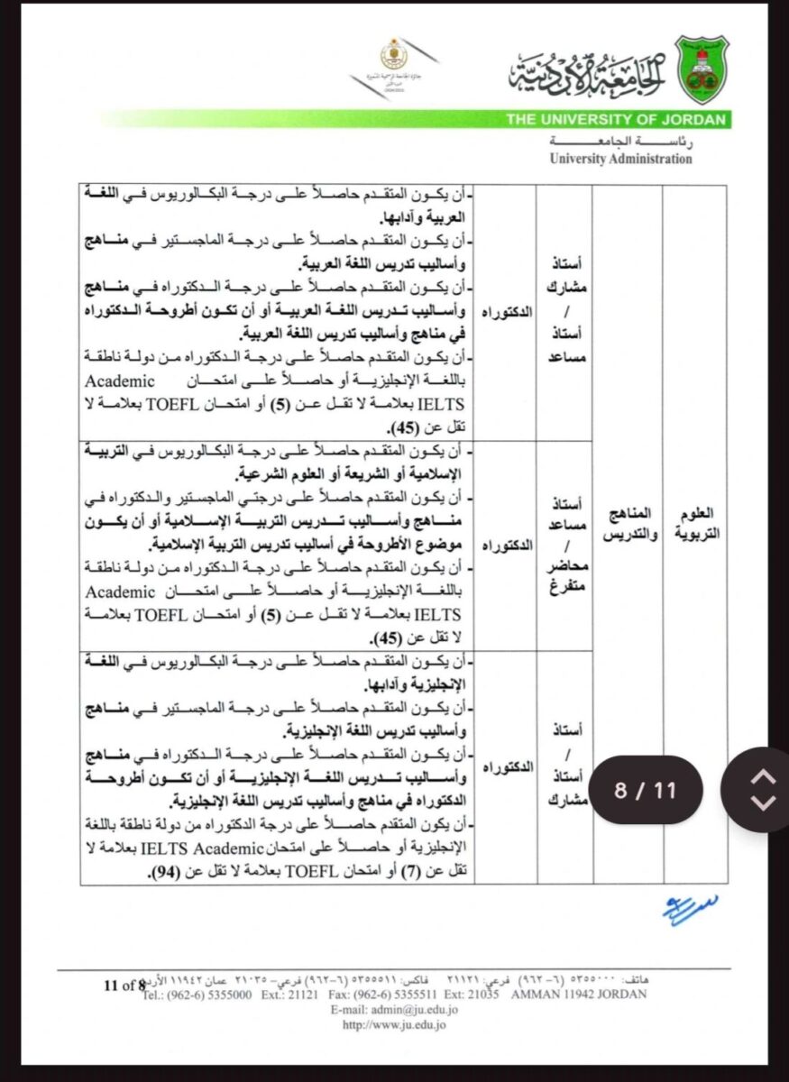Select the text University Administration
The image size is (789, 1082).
(621, 159)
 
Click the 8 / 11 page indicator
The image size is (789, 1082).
(645, 791)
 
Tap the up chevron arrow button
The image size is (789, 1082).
(763, 777)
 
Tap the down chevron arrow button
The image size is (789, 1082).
(763, 802)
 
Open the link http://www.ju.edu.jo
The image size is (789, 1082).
(393, 1023)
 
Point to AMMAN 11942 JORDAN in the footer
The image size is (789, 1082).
(577, 995)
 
